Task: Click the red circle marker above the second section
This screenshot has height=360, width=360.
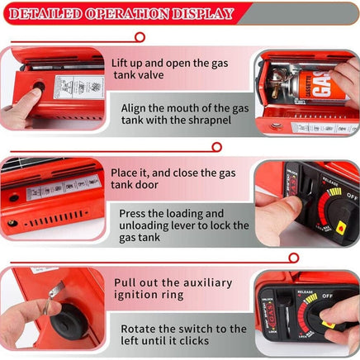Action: click(x=217, y=147)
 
